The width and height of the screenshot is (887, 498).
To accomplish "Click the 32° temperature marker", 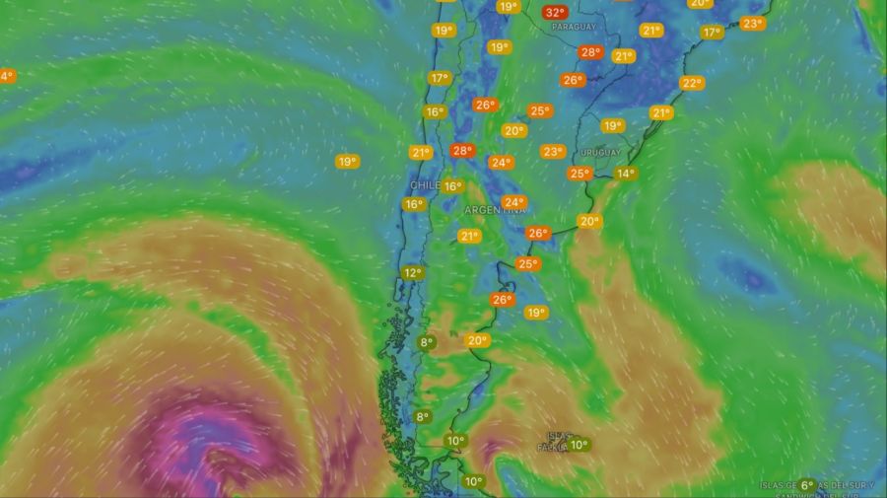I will tap(555, 13).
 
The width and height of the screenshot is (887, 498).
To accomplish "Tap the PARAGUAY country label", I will tap(574, 27).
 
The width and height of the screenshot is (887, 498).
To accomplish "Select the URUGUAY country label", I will tap(600, 153).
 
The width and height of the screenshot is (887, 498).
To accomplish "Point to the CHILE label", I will tap(424, 185).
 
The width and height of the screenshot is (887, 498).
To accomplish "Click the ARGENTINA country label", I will tap(496, 210).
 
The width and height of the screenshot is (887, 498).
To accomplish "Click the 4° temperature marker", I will tap(6, 76).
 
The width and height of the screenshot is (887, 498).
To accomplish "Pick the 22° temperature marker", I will tap(692, 83).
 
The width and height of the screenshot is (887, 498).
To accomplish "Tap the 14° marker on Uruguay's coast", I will tap(625, 174).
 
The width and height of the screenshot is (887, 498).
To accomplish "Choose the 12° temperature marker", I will tap(412, 273).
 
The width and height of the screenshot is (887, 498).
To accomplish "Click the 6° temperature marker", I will tap(806, 485).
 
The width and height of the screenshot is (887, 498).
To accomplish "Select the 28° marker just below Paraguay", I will tap(590, 52).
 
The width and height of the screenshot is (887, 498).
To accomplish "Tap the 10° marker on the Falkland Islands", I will tap(579, 445).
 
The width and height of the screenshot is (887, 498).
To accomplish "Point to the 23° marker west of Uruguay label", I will tap(552, 152).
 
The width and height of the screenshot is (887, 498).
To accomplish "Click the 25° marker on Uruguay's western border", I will tap(579, 174).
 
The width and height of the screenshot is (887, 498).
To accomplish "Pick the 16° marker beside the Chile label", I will tap(452, 186).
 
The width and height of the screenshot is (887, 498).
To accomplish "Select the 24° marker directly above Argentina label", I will tap(513, 202).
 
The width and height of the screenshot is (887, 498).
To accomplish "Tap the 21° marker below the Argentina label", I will tap(469, 236).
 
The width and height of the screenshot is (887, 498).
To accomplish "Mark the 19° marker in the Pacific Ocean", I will tap(347, 161).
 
